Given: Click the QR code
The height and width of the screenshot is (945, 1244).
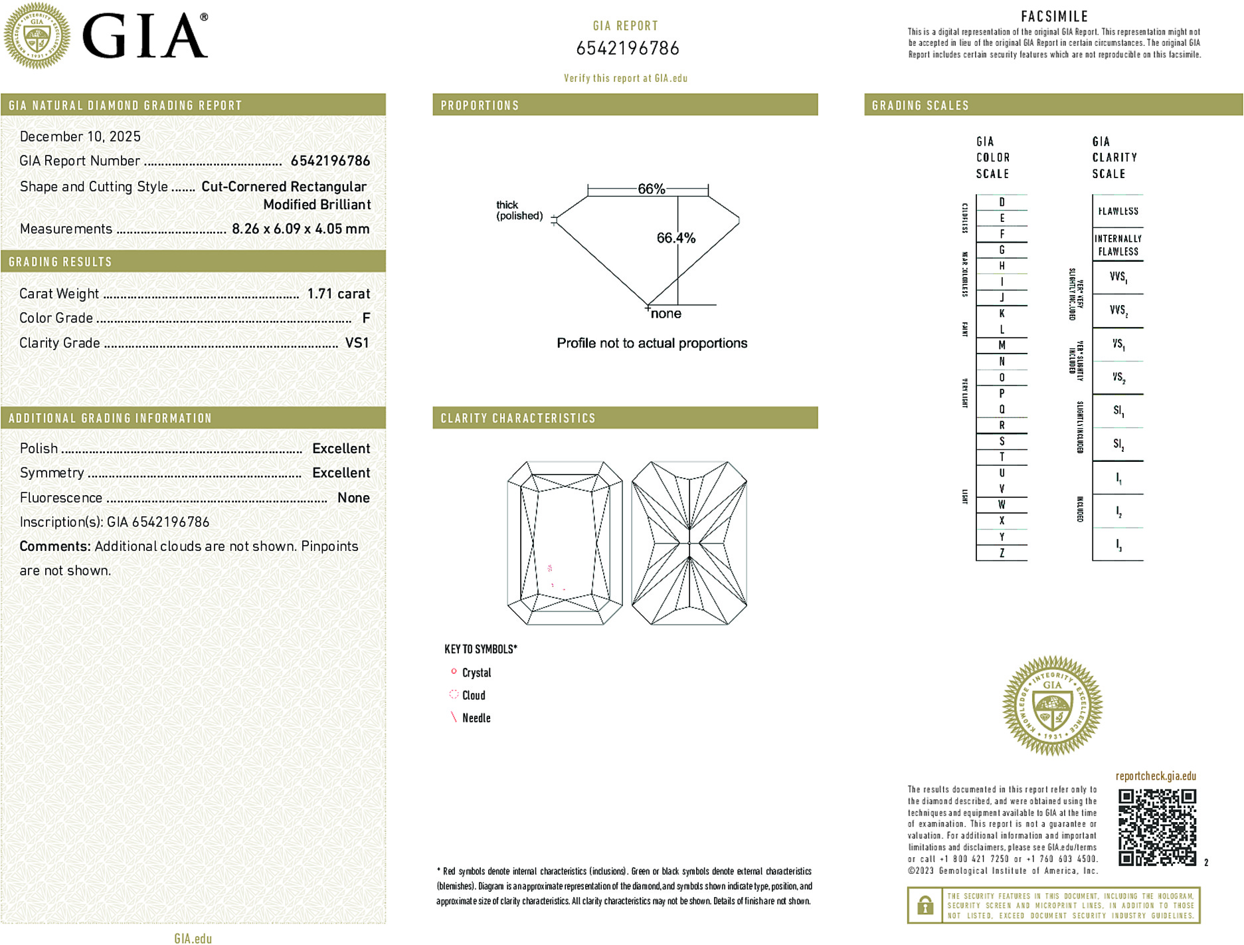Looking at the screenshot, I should coord(1157,827).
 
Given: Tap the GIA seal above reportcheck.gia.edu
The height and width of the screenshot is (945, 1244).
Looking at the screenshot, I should coord(1052,706).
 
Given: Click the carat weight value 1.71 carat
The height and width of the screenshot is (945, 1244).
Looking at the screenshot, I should coord(338,294).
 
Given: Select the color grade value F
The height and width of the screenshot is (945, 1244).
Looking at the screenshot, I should coord(366,318).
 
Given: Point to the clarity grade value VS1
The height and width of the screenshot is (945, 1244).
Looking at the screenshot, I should coord(357,343).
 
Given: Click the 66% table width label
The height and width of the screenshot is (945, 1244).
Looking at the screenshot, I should coord(651,189).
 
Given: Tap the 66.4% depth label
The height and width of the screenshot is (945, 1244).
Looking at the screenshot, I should coord(675,238).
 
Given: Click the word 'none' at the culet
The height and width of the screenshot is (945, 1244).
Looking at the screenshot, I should coord(666,314).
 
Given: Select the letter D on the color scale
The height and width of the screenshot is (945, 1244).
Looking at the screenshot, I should coord(1002,202).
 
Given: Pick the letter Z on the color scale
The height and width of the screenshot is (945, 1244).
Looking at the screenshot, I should coord(1002,553).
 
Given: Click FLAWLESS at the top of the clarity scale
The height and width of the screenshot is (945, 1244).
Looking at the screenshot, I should coord(1118,211).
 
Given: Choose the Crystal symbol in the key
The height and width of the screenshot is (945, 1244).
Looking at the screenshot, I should coord(454,672).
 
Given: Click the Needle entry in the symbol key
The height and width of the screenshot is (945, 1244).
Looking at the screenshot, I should coord(476,718).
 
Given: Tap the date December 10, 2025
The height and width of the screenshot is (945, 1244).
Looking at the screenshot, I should coord(80,136).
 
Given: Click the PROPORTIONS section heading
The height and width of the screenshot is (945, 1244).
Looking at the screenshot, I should coord(480,106).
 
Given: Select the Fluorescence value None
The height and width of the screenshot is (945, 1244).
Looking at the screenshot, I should coord(353,498).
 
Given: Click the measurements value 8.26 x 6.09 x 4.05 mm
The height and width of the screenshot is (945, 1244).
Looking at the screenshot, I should coord(300,229).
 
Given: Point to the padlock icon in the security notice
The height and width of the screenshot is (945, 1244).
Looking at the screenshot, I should coord(925,905).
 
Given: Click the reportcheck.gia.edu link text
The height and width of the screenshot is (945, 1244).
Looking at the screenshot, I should coord(1156,776).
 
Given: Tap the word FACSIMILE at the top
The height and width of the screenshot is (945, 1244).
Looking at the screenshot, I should coord(1054,17).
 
